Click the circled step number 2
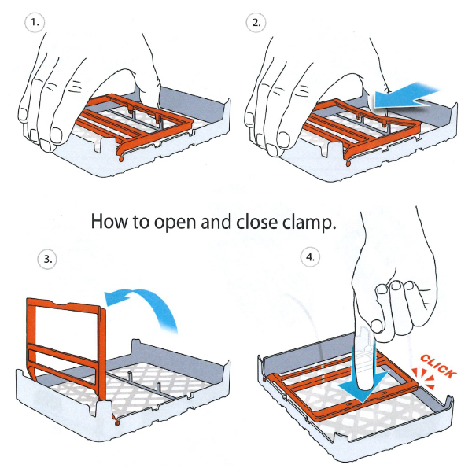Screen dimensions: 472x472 [256, 23]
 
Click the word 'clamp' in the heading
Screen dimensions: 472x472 [306, 223]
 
